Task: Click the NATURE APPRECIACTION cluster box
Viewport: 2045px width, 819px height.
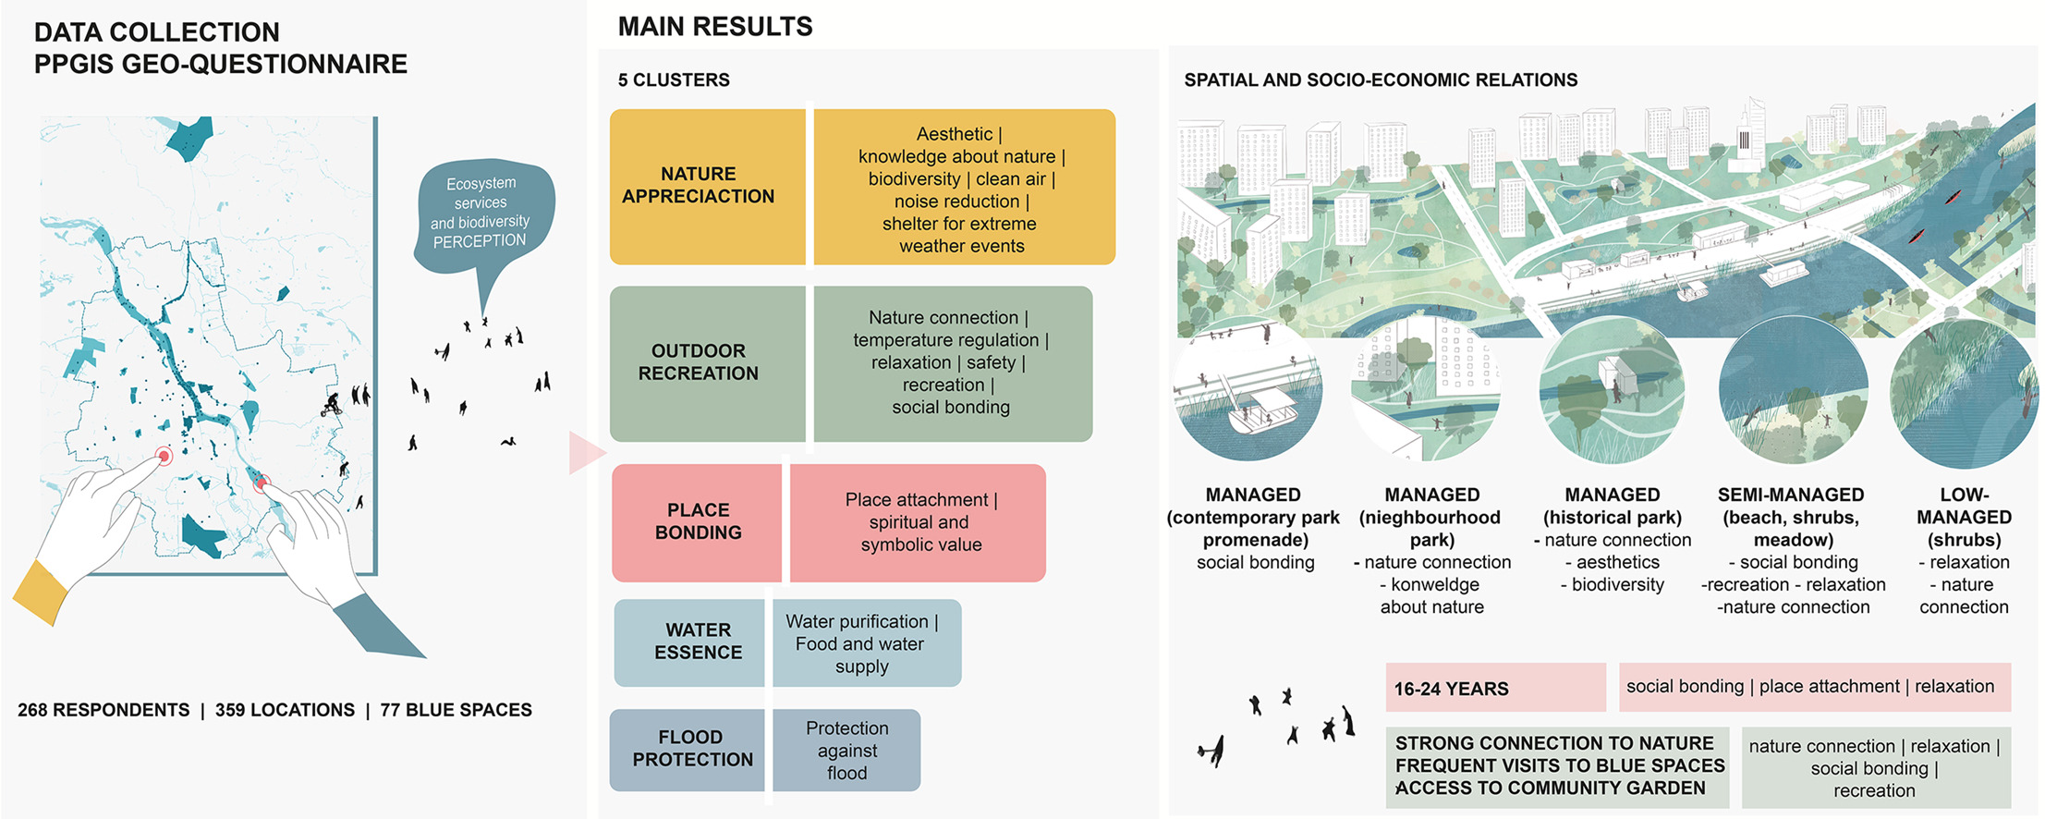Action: (707, 186)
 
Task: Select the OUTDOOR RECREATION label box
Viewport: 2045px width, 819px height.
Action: (707, 362)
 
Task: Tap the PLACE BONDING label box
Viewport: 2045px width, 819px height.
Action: (697, 522)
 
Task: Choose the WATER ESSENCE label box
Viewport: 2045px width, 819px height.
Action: (689, 642)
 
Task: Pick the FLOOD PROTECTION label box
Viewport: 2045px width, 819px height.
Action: (688, 749)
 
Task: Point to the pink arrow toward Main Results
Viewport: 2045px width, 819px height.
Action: (586, 452)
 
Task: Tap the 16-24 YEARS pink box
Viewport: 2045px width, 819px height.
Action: (1494, 688)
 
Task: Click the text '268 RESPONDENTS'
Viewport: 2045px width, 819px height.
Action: (103, 710)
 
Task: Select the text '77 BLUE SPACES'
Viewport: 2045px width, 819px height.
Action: (456, 710)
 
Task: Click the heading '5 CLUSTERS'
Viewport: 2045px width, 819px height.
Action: (674, 80)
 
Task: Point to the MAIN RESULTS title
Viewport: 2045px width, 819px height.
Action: (715, 27)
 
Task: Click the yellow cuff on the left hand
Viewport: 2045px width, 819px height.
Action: (42, 593)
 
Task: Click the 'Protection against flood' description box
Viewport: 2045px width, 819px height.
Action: (846, 750)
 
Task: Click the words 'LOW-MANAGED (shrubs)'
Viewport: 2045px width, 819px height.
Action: (1964, 517)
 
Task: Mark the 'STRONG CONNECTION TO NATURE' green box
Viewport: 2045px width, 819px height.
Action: (1557, 765)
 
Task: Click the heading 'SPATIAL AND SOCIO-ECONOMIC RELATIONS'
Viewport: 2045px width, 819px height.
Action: (1381, 80)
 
